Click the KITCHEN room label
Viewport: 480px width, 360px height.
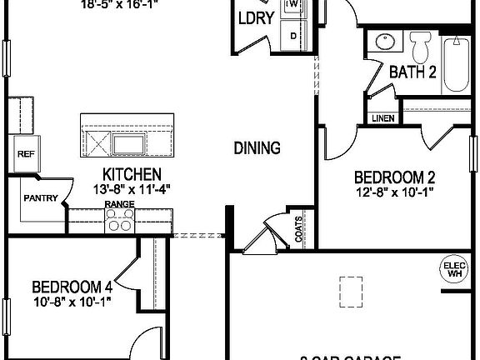(132, 174)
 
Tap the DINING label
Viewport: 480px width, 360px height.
(256, 148)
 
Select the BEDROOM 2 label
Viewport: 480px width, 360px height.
(396, 177)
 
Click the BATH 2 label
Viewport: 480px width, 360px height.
(412, 72)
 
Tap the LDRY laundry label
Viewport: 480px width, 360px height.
(256, 19)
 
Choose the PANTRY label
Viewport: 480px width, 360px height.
(40, 197)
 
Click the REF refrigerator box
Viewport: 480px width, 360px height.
(25, 154)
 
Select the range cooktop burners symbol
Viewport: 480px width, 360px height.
(120, 221)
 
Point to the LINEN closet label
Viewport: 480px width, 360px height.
(382, 118)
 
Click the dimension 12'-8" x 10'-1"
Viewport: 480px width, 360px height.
(396, 191)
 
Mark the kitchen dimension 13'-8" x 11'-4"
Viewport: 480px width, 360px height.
(132, 188)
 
